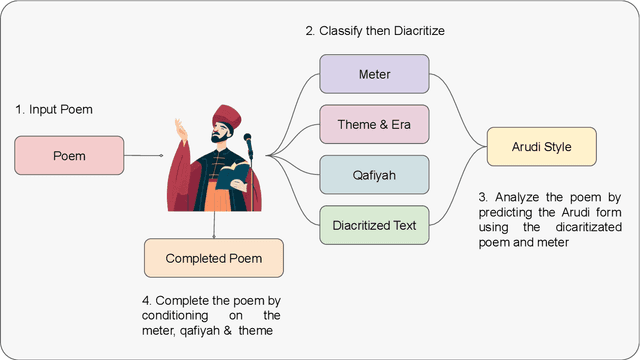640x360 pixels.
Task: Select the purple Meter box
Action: (375, 75)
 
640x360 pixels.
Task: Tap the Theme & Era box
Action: (375, 125)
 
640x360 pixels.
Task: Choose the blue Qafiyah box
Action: (375, 175)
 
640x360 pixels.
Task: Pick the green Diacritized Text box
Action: (375, 225)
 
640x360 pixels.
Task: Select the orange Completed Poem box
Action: (213, 258)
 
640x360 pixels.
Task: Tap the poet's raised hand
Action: (179, 129)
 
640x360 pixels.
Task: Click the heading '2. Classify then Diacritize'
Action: (375, 31)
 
